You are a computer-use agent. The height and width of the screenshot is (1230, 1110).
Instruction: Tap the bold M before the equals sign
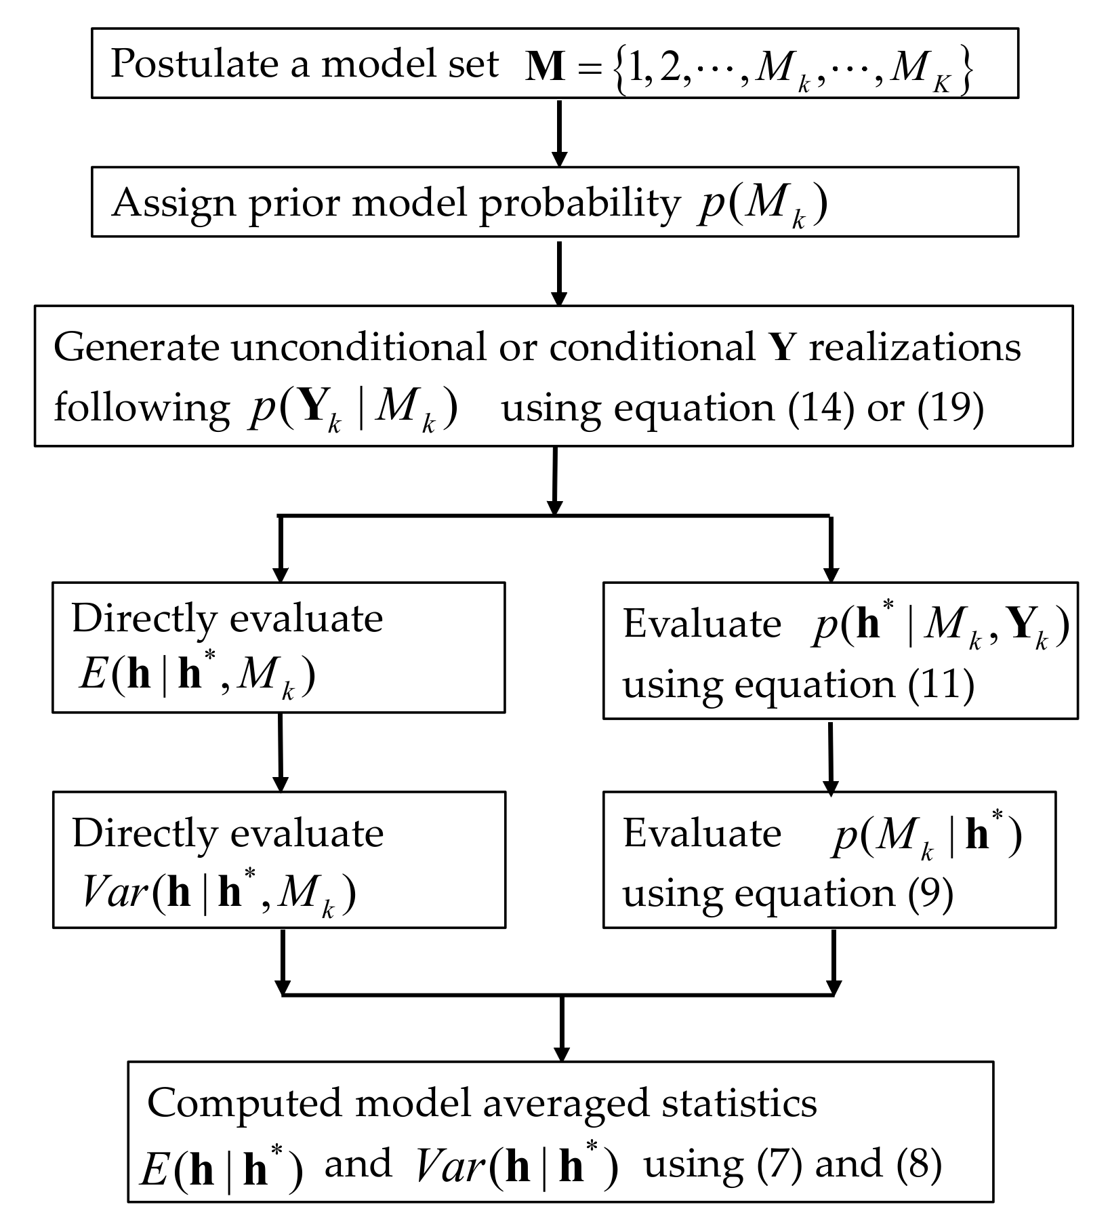point(546,67)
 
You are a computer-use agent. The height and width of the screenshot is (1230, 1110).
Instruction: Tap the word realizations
point(916,347)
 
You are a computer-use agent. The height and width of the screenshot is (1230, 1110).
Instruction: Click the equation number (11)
point(941,685)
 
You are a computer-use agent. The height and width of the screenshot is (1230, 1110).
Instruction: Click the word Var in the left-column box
point(114,894)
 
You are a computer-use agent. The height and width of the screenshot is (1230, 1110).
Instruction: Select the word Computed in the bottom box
point(241,1103)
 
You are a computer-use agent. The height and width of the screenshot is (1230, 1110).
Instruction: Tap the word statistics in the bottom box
point(739,1103)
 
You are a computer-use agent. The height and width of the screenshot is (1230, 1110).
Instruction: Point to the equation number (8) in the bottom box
point(919,1165)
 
